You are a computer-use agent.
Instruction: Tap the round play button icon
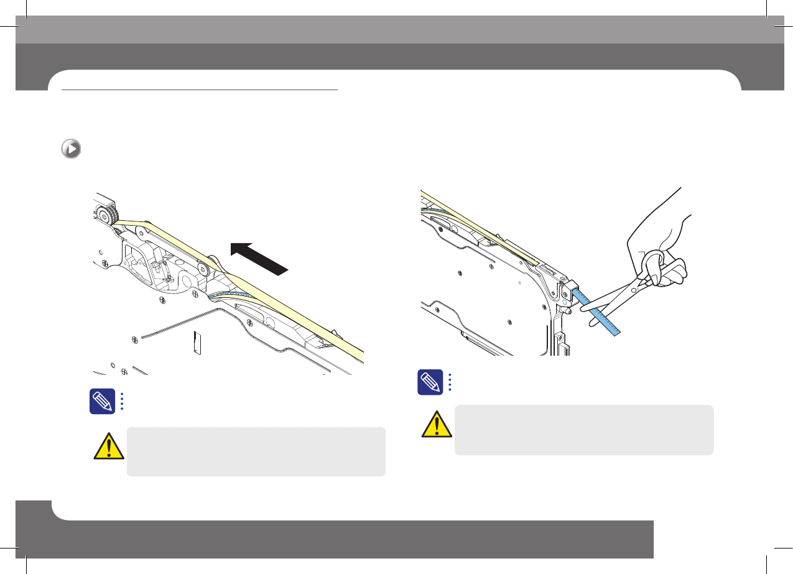[71, 150]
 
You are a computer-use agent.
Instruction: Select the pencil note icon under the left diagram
[101, 401]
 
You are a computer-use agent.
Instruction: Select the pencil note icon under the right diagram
[430, 382]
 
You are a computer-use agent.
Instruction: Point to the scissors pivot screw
[633, 290]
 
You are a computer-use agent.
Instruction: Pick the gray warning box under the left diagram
[256, 451]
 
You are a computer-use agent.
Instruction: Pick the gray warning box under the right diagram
[584, 430]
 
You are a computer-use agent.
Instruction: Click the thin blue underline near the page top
[199, 91]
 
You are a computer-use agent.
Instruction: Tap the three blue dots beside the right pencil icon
[449, 382]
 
